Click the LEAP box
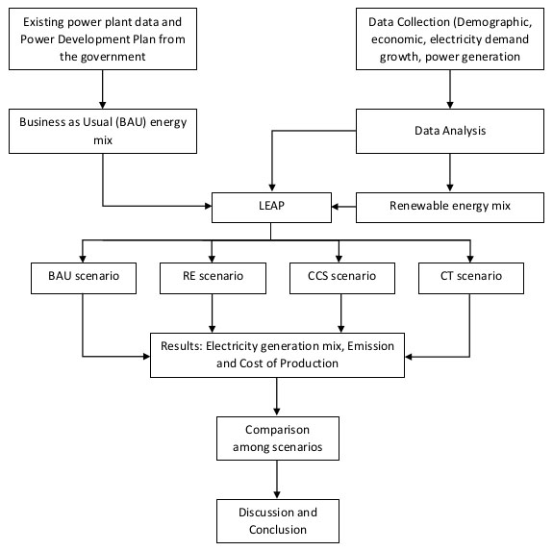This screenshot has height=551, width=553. coord(271,208)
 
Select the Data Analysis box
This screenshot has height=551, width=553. coord(450,131)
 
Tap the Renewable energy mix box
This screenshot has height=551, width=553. coord(450,208)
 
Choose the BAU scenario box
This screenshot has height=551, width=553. coord(84,278)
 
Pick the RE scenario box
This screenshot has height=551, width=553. coord(213,278)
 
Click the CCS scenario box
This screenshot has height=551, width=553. coord(342,278)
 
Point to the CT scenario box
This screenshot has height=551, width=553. coord(471,278)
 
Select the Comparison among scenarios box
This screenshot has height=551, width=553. coord(278,438)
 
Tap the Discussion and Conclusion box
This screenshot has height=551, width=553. coord(278,521)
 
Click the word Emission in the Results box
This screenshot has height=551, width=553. coord(370,346)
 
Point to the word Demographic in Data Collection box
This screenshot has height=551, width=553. coord(493,22)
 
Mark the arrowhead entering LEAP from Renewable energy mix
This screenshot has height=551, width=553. coord(335,207)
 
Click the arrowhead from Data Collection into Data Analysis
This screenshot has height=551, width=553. coord(450,105)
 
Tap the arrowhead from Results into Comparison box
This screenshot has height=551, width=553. coord(277,413)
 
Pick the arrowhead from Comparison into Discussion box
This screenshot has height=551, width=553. coord(277,495)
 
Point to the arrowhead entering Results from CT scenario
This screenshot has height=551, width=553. coord(409,357)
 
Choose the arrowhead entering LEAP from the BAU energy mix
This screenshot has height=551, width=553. coord(208,206)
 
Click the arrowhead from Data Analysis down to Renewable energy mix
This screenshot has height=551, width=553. coord(450,188)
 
